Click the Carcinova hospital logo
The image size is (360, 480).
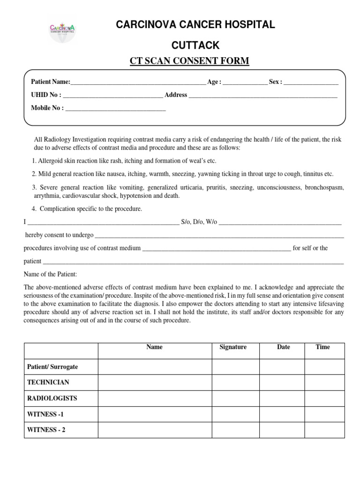(62, 30)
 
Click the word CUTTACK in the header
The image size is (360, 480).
(196, 45)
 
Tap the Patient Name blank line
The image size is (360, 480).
(138, 82)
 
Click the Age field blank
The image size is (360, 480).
(245, 82)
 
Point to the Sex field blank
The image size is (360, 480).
(311, 82)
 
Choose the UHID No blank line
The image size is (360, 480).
(113, 95)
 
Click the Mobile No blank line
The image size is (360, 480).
(115, 108)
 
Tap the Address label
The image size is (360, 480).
(176, 95)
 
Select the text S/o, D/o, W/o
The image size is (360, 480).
(199, 222)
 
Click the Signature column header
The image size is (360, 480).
(233, 347)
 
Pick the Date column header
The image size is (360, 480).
(283, 347)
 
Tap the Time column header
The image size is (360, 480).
(323, 347)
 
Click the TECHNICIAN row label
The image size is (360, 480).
(48, 382)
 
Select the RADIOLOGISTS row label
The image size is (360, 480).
(52, 398)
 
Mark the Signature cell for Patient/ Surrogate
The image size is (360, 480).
(235, 367)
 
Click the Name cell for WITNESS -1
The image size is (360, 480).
(155, 414)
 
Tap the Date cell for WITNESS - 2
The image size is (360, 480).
(282, 430)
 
